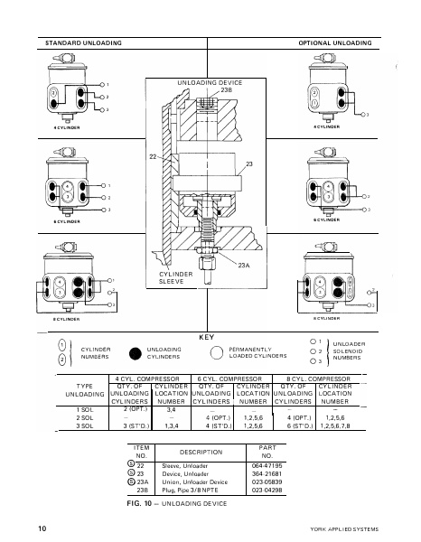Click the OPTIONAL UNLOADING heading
click(x=335, y=42)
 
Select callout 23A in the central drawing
click(x=243, y=266)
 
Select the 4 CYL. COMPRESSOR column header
click(x=148, y=378)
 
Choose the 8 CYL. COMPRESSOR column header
click(x=318, y=378)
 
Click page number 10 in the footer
click(x=42, y=527)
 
